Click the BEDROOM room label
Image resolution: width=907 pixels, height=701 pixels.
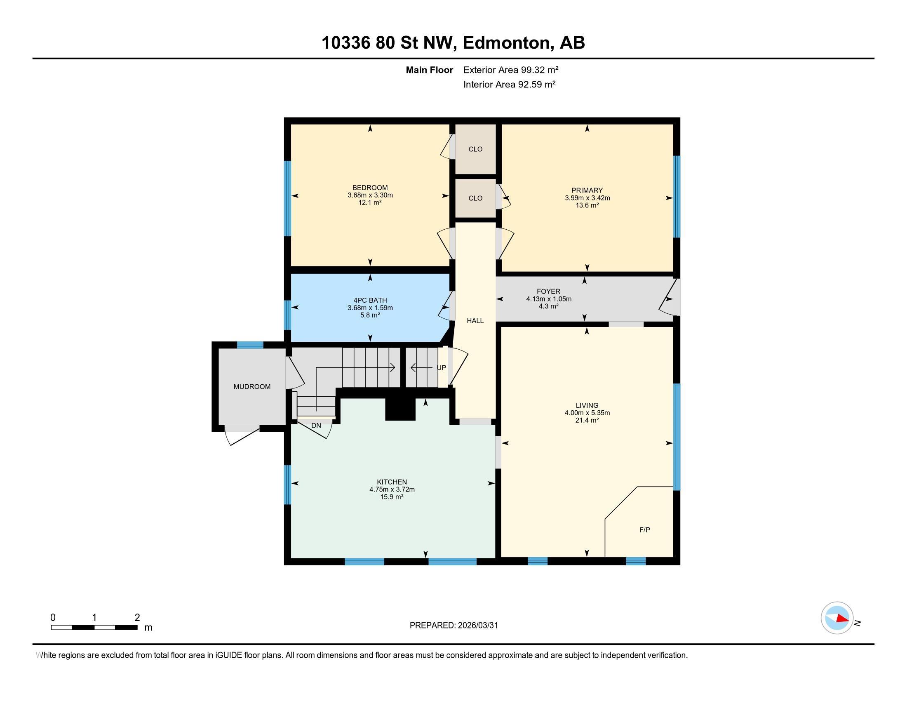point(370,188)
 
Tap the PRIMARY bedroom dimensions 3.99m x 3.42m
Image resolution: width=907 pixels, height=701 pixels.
point(587,198)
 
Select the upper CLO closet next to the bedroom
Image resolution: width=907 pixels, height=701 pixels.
point(475,149)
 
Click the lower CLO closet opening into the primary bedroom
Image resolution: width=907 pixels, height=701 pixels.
point(475,198)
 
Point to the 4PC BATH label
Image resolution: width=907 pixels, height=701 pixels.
point(370,300)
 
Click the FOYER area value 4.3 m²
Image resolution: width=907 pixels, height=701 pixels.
point(548,306)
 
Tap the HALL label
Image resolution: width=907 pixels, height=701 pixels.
point(475,320)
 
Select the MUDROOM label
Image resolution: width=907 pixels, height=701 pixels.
point(251,387)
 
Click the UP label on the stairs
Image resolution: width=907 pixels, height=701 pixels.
point(441,368)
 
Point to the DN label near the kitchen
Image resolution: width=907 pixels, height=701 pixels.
point(316,426)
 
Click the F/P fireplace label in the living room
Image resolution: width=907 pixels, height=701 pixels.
point(644,530)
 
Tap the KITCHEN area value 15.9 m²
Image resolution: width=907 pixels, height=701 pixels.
point(392,497)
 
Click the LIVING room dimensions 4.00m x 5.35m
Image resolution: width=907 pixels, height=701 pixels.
point(587,413)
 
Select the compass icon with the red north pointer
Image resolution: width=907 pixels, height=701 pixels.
point(837,618)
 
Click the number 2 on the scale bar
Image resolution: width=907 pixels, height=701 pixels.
point(137,618)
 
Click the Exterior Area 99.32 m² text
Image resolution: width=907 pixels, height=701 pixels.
point(510,70)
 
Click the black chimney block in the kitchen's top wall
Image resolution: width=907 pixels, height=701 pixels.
point(400,409)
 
